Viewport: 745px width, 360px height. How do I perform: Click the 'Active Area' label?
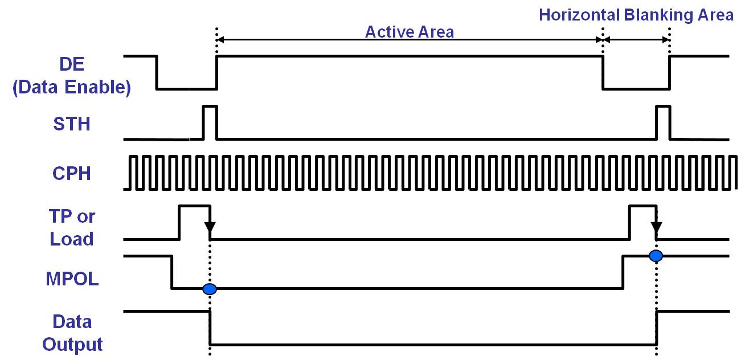409,31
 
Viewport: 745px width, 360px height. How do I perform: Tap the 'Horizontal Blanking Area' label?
636,15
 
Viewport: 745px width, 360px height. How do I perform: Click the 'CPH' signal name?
71,173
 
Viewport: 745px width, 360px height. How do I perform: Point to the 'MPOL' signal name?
71,280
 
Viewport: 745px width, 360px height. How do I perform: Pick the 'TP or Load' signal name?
72,228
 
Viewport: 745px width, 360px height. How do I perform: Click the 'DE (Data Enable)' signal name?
72,76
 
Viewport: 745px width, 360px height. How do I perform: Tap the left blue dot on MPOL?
210,289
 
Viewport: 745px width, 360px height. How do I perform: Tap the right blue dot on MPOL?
656,255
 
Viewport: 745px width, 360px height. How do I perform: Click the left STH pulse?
210,121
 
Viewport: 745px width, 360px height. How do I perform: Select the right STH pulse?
663,121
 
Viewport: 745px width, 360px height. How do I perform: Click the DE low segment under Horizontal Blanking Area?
636,89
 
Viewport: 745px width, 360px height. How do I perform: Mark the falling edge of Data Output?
210,328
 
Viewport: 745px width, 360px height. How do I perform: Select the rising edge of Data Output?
657,328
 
